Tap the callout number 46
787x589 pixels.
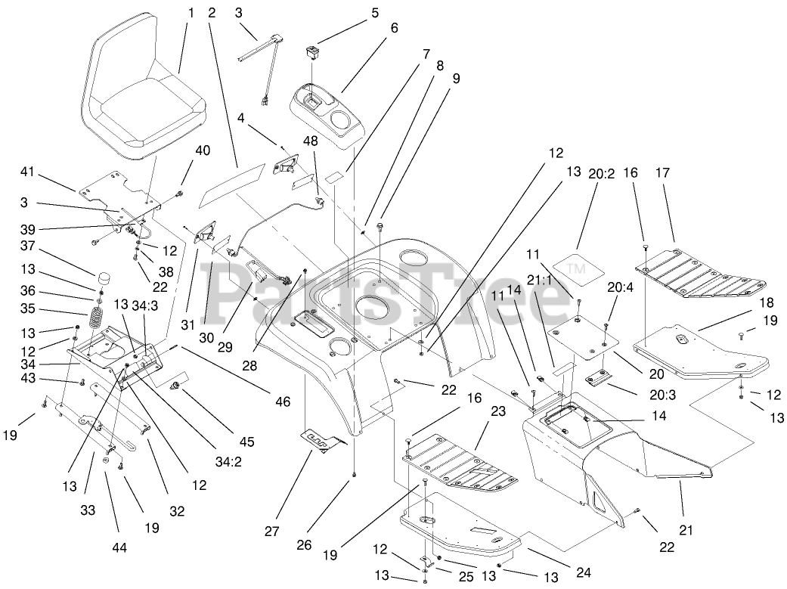click(x=283, y=403)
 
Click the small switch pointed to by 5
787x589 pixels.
click(x=308, y=53)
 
